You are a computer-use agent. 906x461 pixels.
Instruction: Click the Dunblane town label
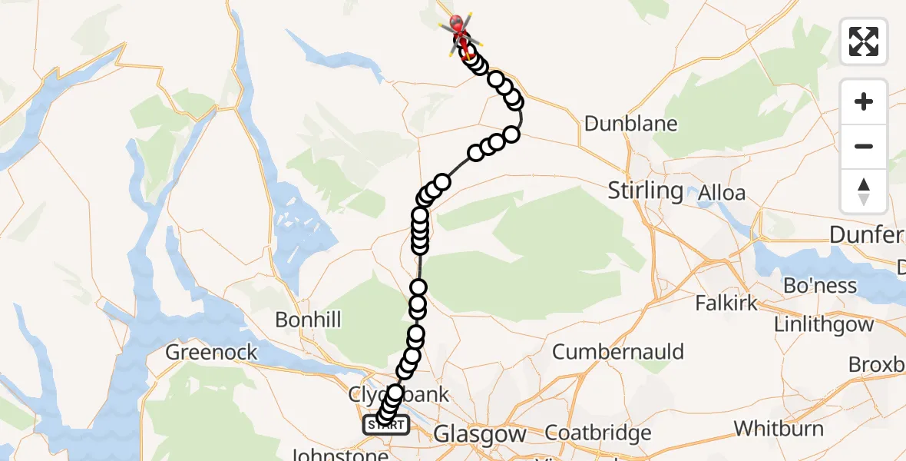point(630,124)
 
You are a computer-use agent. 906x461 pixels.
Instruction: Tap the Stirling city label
point(645,191)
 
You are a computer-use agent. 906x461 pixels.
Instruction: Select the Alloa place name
point(721,193)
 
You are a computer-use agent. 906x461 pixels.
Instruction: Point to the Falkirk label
point(726,303)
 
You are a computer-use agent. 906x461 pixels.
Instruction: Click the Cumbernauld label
point(618,352)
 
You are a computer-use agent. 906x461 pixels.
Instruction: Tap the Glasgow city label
point(480,434)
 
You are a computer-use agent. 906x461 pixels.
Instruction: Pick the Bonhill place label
point(308,320)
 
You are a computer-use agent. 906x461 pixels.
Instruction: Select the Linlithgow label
point(824,324)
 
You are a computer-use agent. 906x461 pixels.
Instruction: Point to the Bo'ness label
point(819,286)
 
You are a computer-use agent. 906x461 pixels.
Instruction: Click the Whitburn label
point(779,429)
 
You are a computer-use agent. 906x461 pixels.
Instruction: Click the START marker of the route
point(385,425)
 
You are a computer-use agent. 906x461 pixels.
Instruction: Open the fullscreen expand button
point(864,41)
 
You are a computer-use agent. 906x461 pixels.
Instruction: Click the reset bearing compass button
point(864,191)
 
